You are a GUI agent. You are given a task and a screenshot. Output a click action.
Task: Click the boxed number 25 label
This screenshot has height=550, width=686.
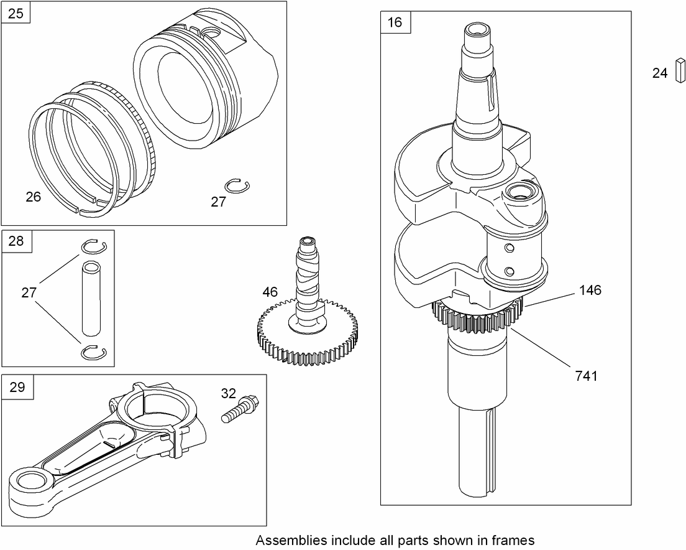[16, 13]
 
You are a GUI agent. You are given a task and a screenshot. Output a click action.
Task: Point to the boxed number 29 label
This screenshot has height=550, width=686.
[17, 387]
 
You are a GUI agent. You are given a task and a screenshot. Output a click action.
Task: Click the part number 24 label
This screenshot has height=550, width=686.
[659, 73]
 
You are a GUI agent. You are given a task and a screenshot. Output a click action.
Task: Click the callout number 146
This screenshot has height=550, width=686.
[590, 290]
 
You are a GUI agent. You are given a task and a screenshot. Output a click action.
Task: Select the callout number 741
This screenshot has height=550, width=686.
[586, 375]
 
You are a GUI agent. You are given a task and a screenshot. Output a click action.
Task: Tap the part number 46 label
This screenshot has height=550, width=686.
[270, 292]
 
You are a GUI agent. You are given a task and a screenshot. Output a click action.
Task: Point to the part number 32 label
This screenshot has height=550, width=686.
[229, 393]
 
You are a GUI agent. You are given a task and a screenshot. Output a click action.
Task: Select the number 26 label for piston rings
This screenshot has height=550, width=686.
[34, 197]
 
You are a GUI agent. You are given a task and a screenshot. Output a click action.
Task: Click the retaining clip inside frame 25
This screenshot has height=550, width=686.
[234, 185]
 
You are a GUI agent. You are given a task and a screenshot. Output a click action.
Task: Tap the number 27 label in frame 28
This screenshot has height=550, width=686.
[29, 293]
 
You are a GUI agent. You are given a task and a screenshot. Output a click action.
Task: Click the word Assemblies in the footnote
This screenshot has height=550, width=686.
[287, 540]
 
